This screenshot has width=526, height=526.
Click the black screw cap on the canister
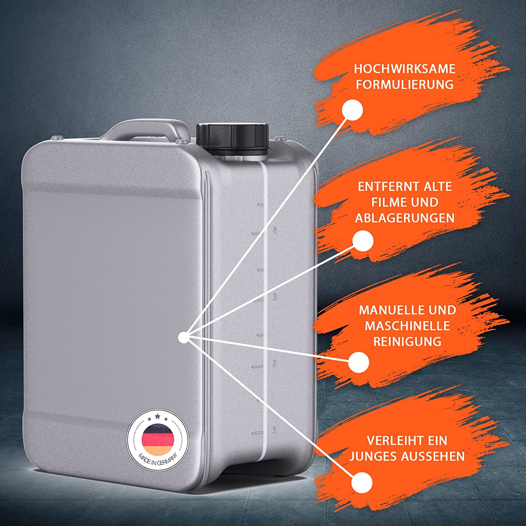232,140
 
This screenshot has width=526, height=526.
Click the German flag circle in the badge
158,440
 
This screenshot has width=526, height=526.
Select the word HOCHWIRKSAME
405,69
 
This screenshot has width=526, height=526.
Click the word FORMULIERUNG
405,85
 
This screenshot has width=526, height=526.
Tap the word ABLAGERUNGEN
405,218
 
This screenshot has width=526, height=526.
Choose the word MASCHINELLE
407,326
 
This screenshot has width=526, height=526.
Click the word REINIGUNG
407,342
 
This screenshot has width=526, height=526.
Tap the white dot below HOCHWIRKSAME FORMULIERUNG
352,110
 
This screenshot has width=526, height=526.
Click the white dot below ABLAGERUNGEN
363,241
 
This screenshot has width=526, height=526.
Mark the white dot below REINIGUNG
359,362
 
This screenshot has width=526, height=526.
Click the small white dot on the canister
183,338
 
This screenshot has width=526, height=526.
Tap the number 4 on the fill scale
274,231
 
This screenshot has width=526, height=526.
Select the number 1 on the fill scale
274,430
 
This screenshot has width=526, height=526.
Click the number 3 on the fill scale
274,297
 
